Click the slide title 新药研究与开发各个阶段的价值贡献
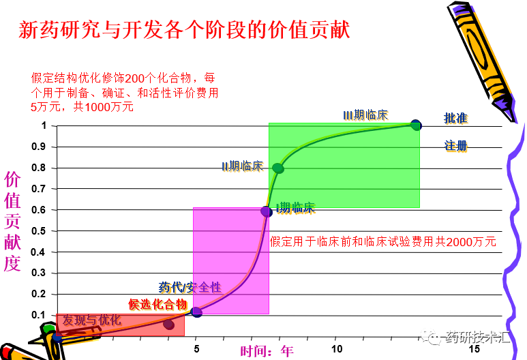pos(185,30)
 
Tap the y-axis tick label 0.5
pos(40,231)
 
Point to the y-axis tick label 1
pos(44,125)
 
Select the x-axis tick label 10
pos(337,349)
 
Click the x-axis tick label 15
pos(476,349)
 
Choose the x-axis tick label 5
pos(197,349)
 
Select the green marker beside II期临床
pos(278,168)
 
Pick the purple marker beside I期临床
pos(267,211)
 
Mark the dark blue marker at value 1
pos(416,125)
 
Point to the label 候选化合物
pos(157,304)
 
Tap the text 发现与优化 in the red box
pos(92,320)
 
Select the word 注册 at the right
pos(455,146)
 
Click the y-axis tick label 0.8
pos(40,168)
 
